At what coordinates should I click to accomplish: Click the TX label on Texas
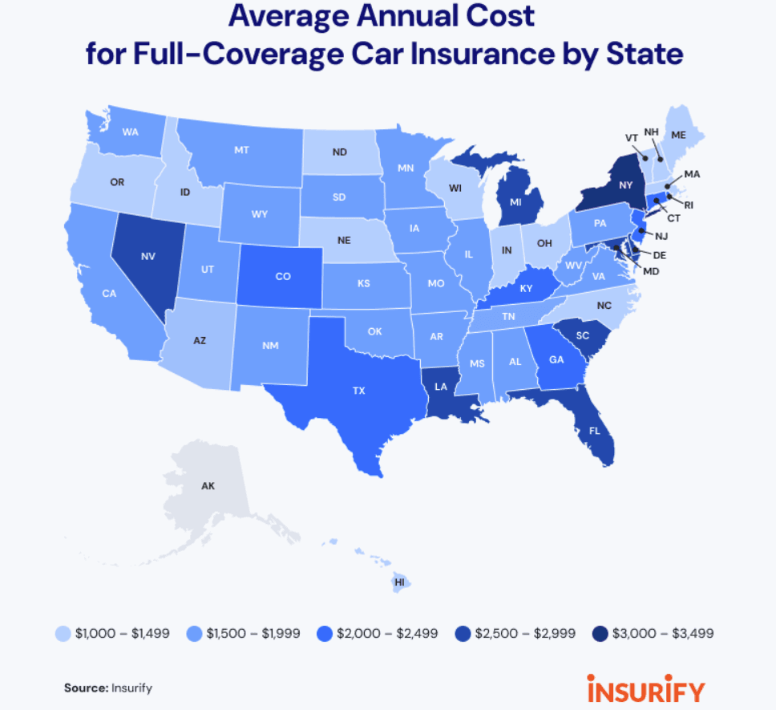pos(358,391)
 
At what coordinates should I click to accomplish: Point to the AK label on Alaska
pos(208,486)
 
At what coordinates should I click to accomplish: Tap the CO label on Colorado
pos(282,277)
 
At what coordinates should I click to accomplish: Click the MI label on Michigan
pos(516,202)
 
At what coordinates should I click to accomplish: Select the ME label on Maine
pos(678,136)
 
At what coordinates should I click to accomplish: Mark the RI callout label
pos(688,205)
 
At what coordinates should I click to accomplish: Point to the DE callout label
pos(661,254)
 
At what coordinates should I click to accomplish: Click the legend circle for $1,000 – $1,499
pos(63,633)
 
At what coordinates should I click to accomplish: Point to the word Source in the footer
pos(85,688)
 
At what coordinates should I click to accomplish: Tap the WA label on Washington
pos(130,132)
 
